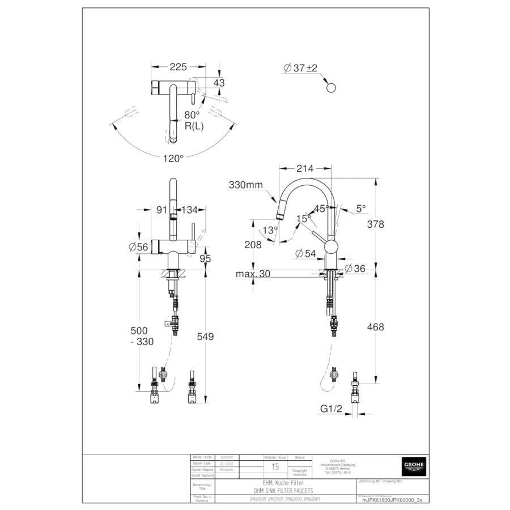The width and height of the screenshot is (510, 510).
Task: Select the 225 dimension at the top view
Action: (178, 67)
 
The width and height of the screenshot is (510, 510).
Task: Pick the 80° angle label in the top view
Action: (192, 114)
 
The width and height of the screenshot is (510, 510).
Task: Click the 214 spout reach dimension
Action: (305, 168)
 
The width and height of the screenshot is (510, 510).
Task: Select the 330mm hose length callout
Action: (246, 185)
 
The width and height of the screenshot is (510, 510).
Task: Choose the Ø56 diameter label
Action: (139, 246)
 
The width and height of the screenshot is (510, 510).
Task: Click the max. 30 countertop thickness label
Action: (253, 274)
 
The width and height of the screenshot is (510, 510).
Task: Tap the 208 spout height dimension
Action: (253, 245)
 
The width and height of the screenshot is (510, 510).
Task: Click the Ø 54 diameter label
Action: (305, 254)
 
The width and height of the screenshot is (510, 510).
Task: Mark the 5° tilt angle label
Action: (361, 209)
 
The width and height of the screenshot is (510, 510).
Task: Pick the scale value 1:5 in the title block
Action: (275, 467)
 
